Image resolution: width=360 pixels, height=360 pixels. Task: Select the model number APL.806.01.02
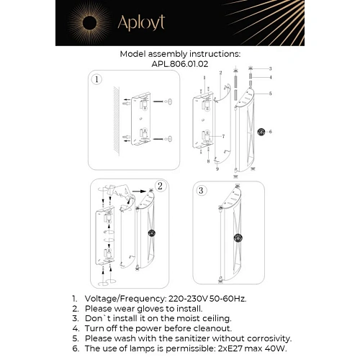tap(179, 63)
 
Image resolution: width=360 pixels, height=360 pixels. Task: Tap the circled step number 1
tap(96, 80)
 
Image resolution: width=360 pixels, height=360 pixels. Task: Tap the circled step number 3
tap(202, 191)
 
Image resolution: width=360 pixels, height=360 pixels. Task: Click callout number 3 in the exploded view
tap(269, 68)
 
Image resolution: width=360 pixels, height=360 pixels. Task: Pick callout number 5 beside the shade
tap(269, 94)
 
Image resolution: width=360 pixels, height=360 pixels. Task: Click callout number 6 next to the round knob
tap(269, 132)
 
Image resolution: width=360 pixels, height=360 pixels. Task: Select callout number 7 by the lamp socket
tap(223, 135)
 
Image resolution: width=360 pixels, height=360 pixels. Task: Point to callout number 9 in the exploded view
tap(217, 168)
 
